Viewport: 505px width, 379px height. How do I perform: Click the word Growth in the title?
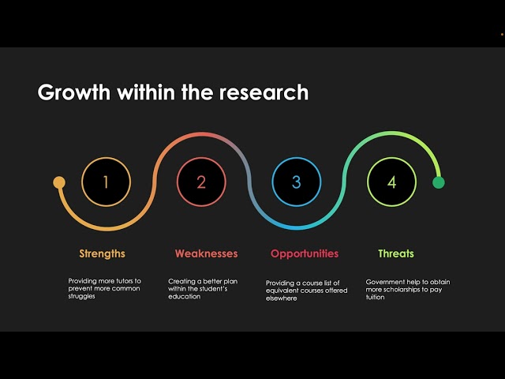[74, 92]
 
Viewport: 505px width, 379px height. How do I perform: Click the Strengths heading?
[102, 254]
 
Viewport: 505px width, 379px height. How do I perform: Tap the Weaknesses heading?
[207, 253]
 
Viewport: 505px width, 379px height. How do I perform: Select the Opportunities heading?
[305, 254]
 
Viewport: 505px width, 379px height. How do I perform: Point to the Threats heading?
[396, 253]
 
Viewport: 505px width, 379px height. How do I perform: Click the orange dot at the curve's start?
[59, 182]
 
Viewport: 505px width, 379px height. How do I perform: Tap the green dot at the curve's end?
[439, 182]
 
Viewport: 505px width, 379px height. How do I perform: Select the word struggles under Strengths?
[81, 297]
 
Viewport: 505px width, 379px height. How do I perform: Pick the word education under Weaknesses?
[184, 297]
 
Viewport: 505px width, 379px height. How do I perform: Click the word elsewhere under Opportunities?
[281, 298]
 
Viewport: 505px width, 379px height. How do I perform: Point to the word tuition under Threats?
[375, 297]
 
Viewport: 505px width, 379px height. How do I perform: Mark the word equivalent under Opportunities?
[281, 291]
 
